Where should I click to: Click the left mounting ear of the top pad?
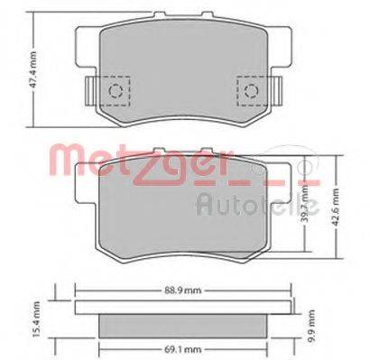click(88, 89)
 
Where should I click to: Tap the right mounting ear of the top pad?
click(274, 89)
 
